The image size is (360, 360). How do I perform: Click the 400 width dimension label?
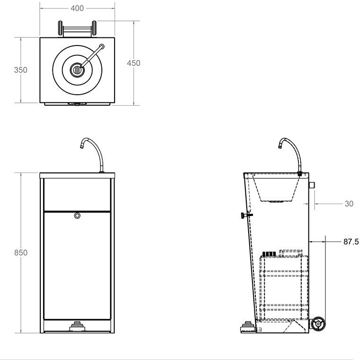click(77, 8)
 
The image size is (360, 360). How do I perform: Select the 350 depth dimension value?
click(20, 70)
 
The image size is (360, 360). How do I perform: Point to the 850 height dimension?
click(20, 252)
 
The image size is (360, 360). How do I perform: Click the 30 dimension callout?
click(349, 204)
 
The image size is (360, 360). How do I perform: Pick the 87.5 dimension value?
click(351, 242)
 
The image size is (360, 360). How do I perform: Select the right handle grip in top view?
click(94, 28)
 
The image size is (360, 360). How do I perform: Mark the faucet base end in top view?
click(102, 46)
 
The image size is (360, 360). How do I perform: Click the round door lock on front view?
click(77, 216)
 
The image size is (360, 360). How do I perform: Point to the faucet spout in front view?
click(83, 144)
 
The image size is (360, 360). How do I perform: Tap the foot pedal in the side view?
click(247, 326)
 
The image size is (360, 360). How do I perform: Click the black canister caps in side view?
click(270, 254)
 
